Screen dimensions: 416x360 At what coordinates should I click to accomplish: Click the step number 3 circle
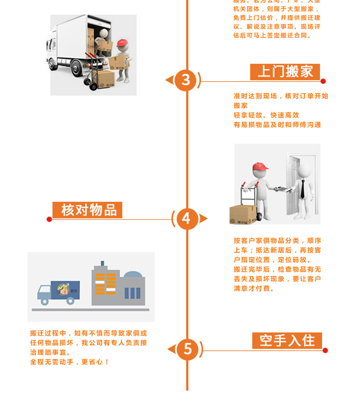pyautogui.click(x=186, y=80)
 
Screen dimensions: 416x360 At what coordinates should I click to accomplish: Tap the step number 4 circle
pyautogui.click(x=186, y=218)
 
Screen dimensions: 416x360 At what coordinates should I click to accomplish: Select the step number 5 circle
pyautogui.click(x=187, y=349)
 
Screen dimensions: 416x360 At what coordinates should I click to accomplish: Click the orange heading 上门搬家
pyautogui.click(x=285, y=72)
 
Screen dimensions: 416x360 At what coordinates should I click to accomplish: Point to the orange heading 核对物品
pyautogui.click(x=87, y=210)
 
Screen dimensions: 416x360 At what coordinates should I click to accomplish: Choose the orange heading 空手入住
pyautogui.click(x=287, y=340)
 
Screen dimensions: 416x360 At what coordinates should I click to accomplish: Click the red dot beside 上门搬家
pyautogui.click(x=323, y=81)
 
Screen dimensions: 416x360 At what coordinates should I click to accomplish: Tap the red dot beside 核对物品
pyautogui.click(x=49, y=219)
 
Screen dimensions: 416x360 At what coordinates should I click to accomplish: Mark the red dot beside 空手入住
pyautogui.click(x=325, y=350)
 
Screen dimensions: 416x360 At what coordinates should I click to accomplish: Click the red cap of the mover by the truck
pyautogui.click(x=122, y=43)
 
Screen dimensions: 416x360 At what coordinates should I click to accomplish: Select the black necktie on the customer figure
pyautogui.click(x=302, y=188)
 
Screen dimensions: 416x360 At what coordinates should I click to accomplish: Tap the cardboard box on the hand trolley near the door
pyautogui.click(x=243, y=214)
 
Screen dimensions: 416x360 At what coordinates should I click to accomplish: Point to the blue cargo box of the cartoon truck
pyautogui.click(x=65, y=290)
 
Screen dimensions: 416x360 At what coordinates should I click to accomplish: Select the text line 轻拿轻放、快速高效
pyautogui.click(x=266, y=115)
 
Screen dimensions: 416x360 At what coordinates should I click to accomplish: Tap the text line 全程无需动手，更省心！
pyautogui.click(x=70, y=362)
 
